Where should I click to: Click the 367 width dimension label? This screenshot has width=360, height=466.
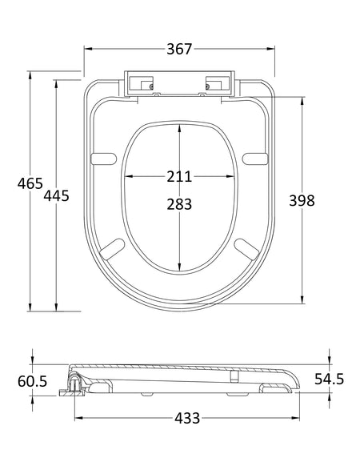point(179,49)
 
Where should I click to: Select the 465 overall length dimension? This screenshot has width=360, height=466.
point(30,183)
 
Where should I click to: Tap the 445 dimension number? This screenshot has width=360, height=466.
point(56,195)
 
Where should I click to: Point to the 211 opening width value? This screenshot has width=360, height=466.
point(179,176)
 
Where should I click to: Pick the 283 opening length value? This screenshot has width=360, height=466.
point(179,204)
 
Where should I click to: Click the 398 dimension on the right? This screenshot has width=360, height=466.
point(302,200)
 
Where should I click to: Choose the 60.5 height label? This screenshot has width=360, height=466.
point(32,381)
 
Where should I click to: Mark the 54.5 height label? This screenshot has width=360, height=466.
point(329,379)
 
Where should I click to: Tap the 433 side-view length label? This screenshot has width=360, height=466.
point(187,418)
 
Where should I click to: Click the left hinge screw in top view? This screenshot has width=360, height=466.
point(151,86)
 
